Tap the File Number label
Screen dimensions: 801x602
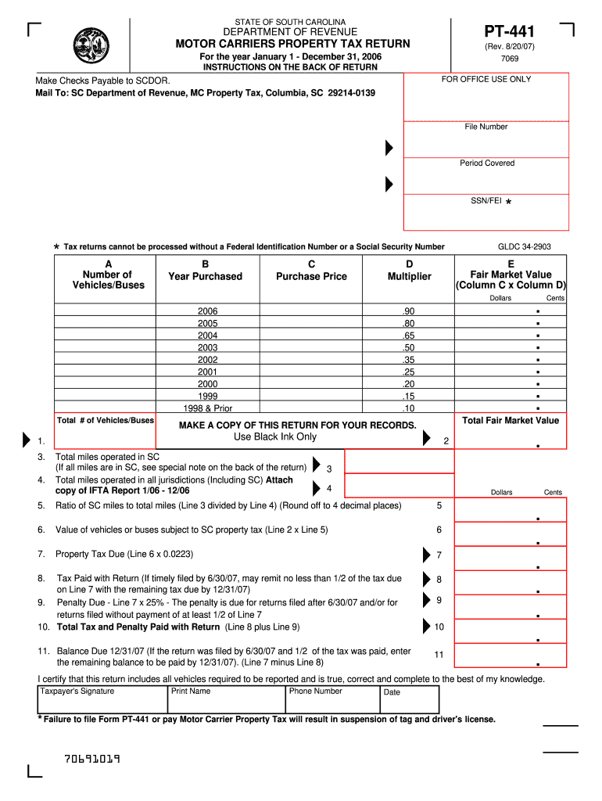coord(486,127)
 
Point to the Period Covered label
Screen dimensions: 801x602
coord(487,163)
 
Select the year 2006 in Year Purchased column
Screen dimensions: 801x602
coord(207,311)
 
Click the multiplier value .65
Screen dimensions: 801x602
coord(408,336)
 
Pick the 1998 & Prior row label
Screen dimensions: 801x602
coord(207,408)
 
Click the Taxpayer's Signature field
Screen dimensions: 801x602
coord(102,701)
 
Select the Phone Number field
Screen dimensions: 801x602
coord(332,701)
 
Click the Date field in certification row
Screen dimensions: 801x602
coord(410,701)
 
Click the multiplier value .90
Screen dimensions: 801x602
coord(408,311)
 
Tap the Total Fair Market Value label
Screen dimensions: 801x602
coord(511,421)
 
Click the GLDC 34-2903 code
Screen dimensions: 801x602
coord(524,247)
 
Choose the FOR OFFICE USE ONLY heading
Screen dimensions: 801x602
coord(486,80)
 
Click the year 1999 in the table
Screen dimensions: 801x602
coord(207,396)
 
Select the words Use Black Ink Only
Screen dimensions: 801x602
coord(274,437)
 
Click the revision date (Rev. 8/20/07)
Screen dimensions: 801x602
coord(509,46)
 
